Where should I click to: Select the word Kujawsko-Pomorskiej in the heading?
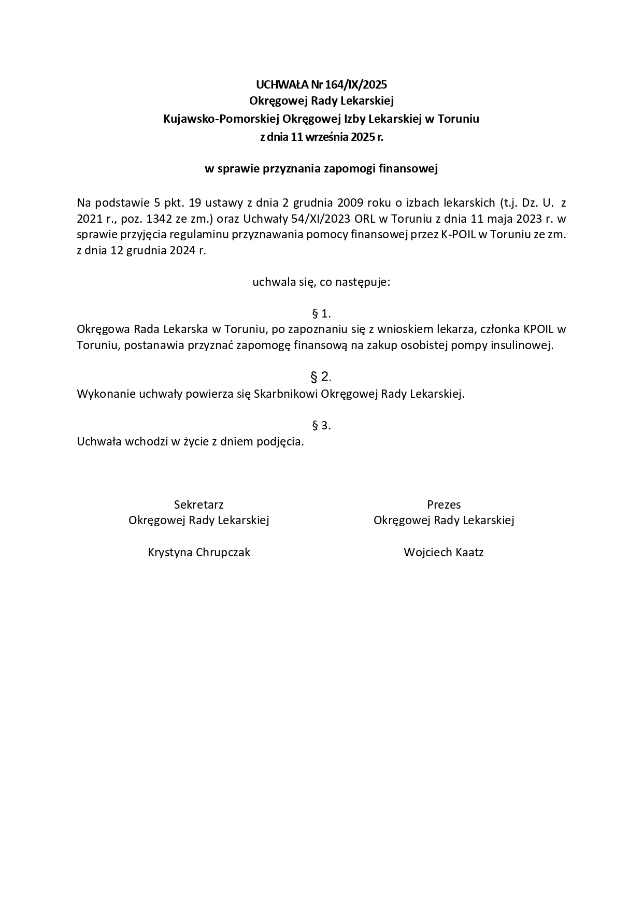(221, 119)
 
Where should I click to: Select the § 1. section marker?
(321, 313)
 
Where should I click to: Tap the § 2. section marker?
(321, 377)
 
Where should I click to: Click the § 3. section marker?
(321, 426)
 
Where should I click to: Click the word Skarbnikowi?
(287, 394)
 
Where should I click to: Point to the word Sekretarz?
(199, 504)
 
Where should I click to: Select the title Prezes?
(444, 504)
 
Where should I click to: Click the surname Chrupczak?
(223, 553)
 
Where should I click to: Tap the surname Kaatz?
(469, 553)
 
